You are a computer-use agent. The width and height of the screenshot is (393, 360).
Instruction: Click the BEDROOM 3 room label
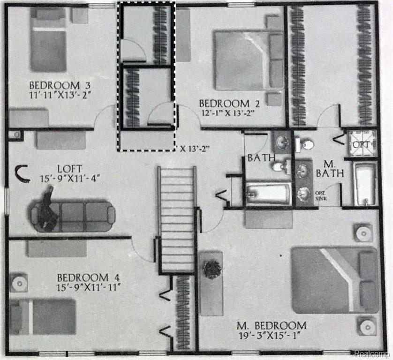(60, 86)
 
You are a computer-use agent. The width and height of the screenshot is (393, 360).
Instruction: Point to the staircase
(177, 218)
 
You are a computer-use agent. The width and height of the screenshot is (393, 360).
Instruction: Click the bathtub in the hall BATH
(268, 194)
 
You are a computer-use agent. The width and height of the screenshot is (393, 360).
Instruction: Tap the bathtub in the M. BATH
(365, 184)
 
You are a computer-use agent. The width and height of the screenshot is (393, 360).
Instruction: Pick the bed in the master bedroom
(334, 280)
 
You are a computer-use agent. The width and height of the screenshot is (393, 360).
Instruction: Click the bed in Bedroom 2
(249, 60)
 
